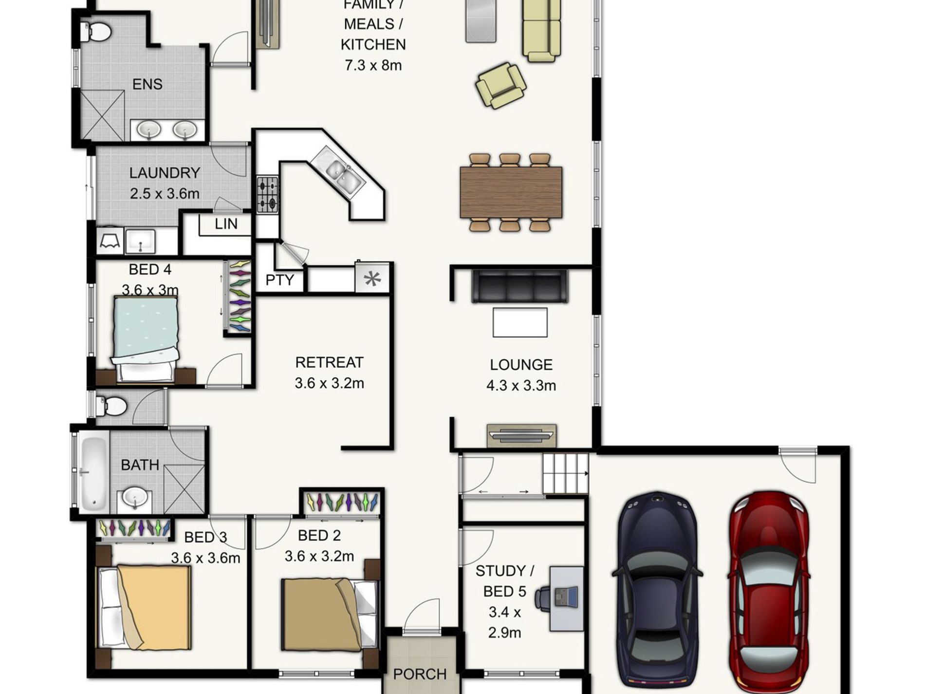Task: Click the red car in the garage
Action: tap(769, 592)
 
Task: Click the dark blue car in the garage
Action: tap(657, 592)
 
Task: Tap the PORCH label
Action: tap(420, 674)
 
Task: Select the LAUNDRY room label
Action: tap(165, 173)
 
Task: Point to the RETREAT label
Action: tap(329, 362)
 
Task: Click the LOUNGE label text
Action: tap(521, 365)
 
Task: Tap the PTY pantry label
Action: tap(280, 280)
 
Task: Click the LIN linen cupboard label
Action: tap(226, 224)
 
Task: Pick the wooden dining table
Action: tap(511, 192)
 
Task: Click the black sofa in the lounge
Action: tap(519, 286)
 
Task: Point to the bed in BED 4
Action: tap(145, 338)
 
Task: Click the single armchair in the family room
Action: tap(500, 86)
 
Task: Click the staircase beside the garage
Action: tap(566, 473)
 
